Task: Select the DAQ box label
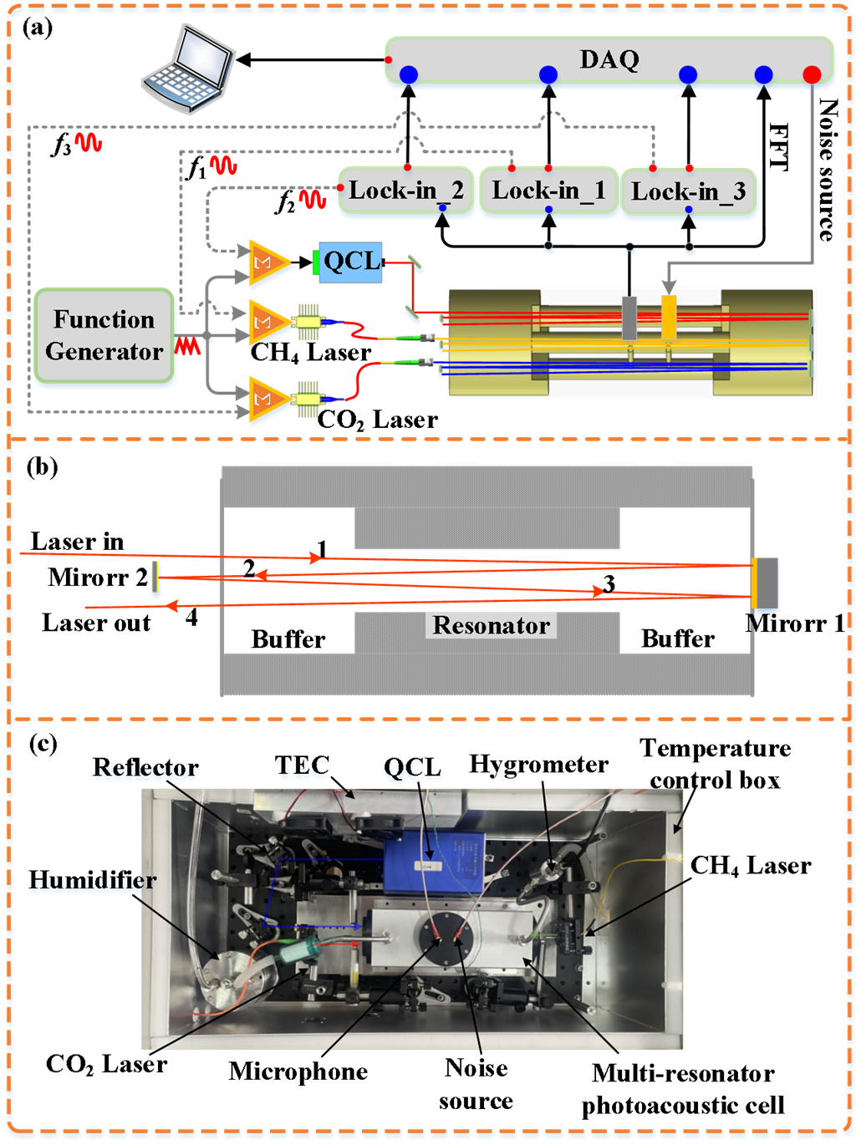coord(609,59)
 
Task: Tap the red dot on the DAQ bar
coord(811,75)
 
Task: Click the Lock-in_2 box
coord(406,191)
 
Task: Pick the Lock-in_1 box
coord(548,191)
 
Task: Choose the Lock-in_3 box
coord(688,192)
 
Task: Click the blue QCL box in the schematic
coord(351,262)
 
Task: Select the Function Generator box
coord(104,335)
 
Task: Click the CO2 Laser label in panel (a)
coord(377,420)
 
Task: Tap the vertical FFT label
coord(777,147)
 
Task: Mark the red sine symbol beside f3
coord(89,143)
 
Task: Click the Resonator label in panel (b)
coord(492,625)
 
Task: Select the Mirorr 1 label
coord(795,623)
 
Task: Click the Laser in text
coord(77,542)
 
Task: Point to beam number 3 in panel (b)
coord(609,583)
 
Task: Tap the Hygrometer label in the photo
coord(538,764)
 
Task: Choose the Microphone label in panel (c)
coord(298,1071)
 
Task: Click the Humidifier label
coord(92,880)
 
